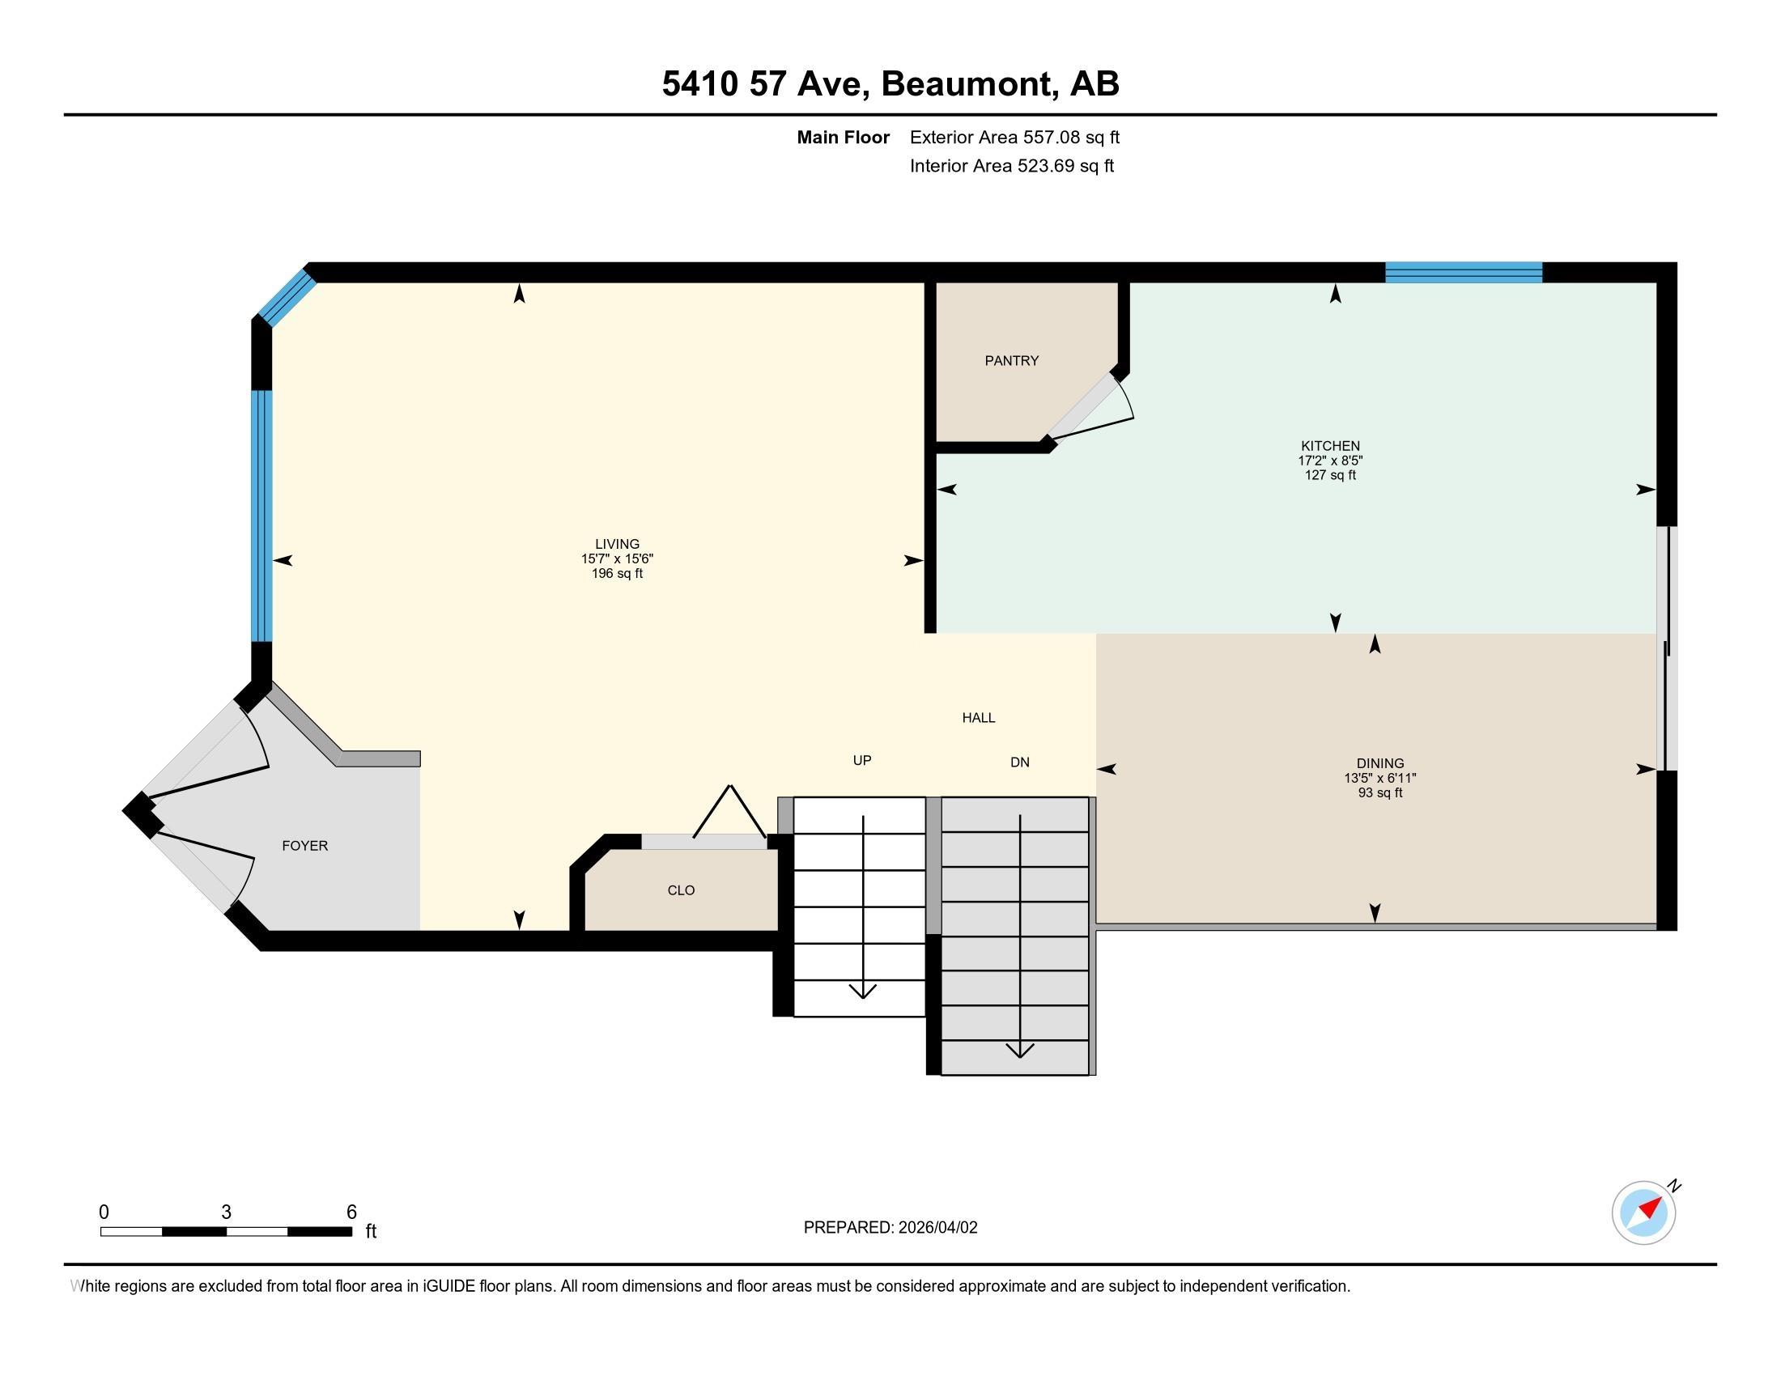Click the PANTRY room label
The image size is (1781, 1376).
tap(1011, 360)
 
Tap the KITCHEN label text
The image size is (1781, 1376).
tap(1330, 446)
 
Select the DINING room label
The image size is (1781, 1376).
tap(1379, 764)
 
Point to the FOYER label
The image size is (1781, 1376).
tap(305, 845)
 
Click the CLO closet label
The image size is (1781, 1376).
tap(681, 890)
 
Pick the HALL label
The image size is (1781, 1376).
tap(979, 717)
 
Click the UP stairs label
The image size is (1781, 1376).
tap(862, 760)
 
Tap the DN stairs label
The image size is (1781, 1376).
tap(1019, 762)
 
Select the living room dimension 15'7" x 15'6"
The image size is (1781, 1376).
tap(618, 558)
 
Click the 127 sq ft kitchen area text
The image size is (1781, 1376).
tap(1330, 475)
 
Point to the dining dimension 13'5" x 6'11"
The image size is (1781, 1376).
tap(1379, 778)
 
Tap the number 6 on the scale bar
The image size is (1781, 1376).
tap(351, 1212)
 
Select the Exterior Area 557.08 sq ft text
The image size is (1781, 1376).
tap(1014, 137)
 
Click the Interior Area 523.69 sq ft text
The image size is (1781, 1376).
tap(1011, 165)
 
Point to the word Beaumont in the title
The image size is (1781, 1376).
tap(965, 83)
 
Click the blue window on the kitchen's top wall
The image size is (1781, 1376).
tap(1464, 272)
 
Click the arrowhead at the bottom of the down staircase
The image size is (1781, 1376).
tap(1019, 1050)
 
